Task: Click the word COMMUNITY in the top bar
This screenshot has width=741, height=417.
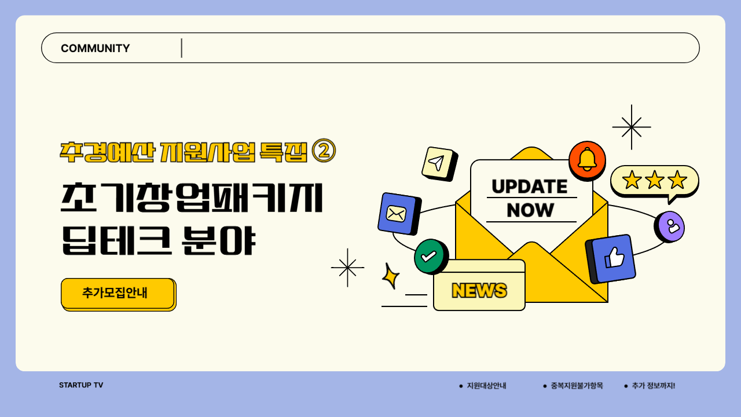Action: pos(96,48)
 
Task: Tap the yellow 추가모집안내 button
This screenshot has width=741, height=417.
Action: pos(118,293)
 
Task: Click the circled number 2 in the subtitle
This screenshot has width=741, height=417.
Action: pos(324,151)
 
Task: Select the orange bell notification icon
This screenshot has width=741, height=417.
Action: pos(587,159)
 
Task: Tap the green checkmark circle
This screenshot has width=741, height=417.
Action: pos(430,256)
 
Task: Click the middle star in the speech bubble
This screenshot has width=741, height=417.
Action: pos(655,180)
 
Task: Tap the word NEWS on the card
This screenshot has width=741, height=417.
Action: pos(479,290)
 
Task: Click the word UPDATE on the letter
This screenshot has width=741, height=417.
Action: pos(529,186)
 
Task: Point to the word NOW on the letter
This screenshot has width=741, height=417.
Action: pos(530,210)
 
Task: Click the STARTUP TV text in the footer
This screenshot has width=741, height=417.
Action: pos(81,385)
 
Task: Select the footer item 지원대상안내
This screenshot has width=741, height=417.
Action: pos(486,386)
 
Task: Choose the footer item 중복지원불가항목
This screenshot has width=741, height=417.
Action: pos(577,386)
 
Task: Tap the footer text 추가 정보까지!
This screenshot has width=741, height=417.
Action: pos(653,386)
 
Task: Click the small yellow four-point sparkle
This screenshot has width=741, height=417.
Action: pos(391,276)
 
